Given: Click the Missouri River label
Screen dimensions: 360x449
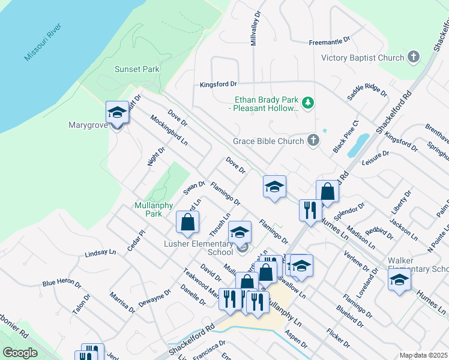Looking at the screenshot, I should [40, 44].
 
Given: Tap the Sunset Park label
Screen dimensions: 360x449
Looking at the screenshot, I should [137, 69].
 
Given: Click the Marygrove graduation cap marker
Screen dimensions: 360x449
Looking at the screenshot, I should [117, 112].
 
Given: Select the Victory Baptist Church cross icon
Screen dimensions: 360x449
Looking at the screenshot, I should [413, 58].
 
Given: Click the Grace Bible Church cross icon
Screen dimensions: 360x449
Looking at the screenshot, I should [313, 141].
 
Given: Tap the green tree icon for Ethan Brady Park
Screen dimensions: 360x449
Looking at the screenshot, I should [308, 103].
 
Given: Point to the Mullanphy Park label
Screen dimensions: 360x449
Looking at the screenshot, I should [148, 209].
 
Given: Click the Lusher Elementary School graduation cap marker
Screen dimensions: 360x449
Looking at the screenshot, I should [240, 232].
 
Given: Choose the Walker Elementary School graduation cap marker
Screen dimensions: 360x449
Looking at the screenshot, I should [399, 280].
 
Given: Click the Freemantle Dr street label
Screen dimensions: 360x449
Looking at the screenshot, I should [329, 42].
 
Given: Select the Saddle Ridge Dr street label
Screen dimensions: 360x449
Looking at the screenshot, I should [367, 91].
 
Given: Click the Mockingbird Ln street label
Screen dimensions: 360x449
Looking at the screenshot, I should [169, 130].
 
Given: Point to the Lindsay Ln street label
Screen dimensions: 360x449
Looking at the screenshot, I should [100, 253].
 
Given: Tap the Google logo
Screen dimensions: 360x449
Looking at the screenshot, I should [20, 353].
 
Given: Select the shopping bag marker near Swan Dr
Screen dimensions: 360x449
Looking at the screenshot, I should [187, 222].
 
